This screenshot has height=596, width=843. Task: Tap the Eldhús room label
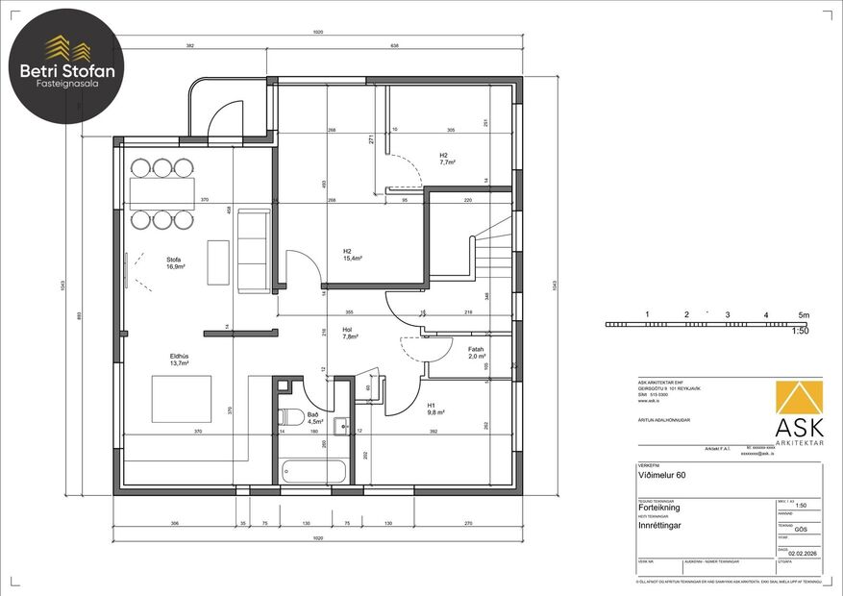tap(179, 360)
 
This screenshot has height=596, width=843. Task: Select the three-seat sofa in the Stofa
tap(253, 250)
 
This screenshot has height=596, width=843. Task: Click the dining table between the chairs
tap(162, 192)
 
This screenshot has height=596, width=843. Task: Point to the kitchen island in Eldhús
tap(181, 398)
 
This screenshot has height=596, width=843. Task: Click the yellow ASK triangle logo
tap(799, 404)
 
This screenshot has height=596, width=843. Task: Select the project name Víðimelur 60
tap(658, 474)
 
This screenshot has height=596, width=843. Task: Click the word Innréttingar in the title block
tap(662, 526)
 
